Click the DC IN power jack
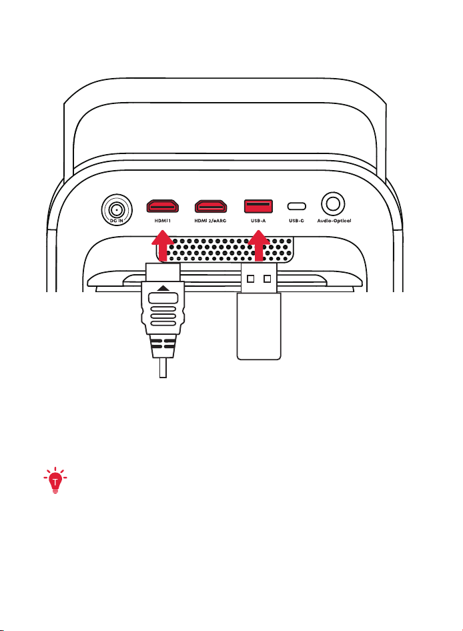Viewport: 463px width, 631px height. [117, 209]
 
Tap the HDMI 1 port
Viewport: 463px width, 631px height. [162, 206]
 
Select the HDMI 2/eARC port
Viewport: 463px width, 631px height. [211, 206]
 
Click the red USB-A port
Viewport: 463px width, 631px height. [258, 206]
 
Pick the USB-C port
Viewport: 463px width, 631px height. [296, 207]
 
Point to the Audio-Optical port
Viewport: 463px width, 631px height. [333, 203]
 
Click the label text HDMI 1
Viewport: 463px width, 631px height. [163, 221]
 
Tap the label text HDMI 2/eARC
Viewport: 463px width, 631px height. [210, 221]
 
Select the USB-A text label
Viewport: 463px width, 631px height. [258, 221]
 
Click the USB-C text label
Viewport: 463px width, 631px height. [296, 221]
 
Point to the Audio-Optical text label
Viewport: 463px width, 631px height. [334, 221]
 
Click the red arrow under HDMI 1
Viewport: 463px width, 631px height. [162, 245]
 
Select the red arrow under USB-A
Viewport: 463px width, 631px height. [259, 246]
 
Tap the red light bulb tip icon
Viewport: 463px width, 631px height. [55, 480]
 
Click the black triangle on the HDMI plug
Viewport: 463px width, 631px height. [163, 288]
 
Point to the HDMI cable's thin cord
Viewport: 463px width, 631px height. [163, 368]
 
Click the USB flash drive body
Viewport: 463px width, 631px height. [258, 326]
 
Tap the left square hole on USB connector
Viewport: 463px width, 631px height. [251, 278]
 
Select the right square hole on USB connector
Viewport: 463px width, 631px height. [267, 278]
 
